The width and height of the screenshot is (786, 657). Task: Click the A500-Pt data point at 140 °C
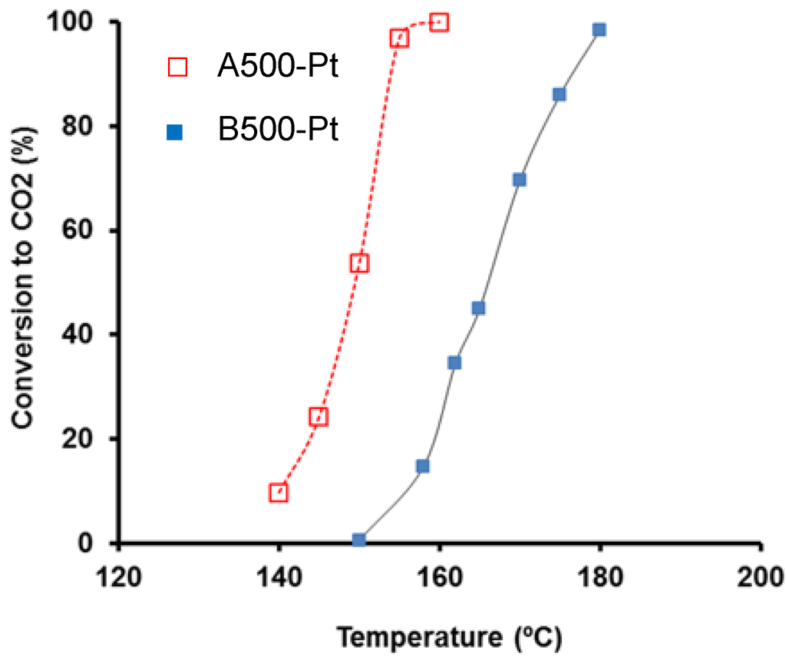tap(279, 493)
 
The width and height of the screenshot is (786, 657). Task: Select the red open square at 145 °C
tap(319, 417)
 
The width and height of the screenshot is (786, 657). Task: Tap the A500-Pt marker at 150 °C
tap(359, 263)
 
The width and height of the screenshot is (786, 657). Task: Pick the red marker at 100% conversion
tap(439, 22)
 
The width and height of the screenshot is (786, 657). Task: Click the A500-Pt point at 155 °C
tap(399, 38)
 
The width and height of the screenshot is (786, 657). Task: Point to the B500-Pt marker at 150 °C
tap(358, 540)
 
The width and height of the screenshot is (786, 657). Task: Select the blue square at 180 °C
tap(599, 30)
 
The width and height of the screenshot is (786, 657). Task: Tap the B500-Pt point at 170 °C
tap(519, 180)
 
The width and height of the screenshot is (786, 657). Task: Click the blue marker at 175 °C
tap(559, 94)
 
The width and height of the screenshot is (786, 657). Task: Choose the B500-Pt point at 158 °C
tap(422, 466)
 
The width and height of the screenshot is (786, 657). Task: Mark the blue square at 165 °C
tap(478, 308)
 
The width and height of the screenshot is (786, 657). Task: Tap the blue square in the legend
tap(176, 133)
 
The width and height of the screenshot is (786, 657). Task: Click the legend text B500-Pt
tap(277, 130)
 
